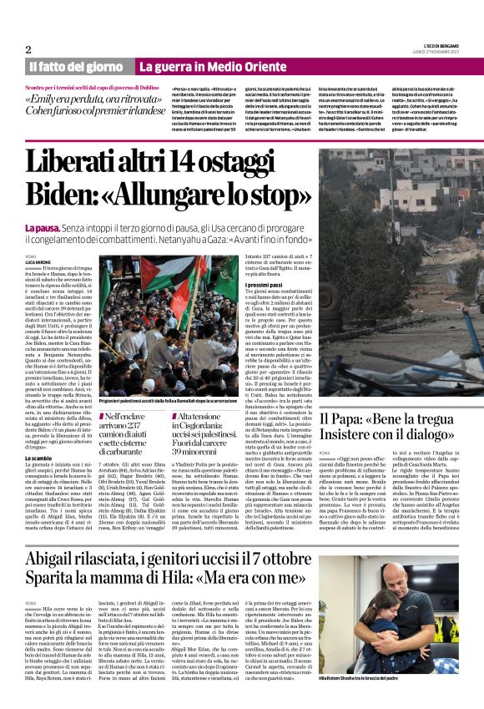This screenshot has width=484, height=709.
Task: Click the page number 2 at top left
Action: pyautogui.click(x=28, y=49)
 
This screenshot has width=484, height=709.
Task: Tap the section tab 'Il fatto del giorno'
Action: pyautogui.click(x=76, y=66)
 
